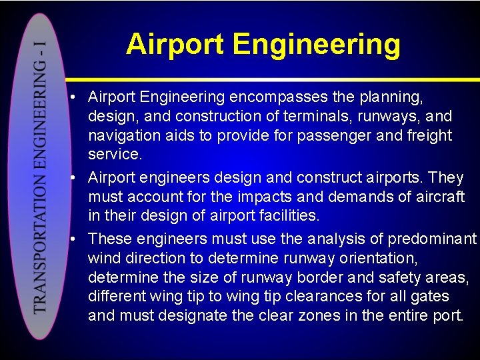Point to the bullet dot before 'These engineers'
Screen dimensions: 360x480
(x=78, y=239)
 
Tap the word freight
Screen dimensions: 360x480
(x=428, y=136)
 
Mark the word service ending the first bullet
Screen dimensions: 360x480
(x=115, y=155)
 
